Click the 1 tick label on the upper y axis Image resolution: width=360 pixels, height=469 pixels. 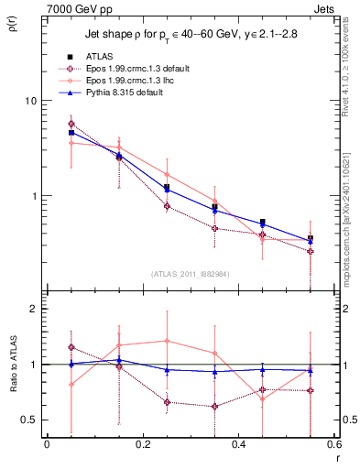click(32, 196)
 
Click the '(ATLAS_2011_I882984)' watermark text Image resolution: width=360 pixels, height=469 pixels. click(191, 275)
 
